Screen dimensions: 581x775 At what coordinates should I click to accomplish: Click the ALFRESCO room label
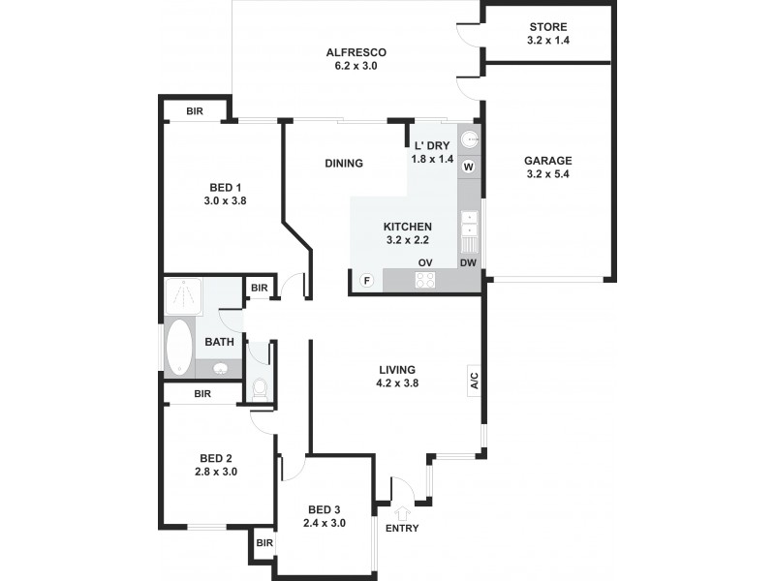pyautogui.click(x=356, y=52)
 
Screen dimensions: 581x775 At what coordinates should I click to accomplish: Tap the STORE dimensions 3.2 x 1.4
pyautogui.click(x=547, y=42)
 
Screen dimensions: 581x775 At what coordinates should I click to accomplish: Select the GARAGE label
pyautogui.click(x=547, y=161)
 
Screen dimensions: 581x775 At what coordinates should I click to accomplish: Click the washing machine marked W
pyautogui.click(x=469, y=168)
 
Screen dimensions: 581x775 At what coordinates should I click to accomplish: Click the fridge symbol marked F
pyautogui.click(x=367, y=281)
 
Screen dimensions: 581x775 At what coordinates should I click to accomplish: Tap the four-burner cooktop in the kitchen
pyautogui.click(x=424, y=280)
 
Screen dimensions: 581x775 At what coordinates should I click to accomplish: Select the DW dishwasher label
pyautogui.click(x=468, y=262)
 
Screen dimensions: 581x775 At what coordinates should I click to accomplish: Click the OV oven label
pyautogui.click(x=424, y=262)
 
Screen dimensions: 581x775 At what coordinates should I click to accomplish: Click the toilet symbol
pyautogui.click(x=260, y=389)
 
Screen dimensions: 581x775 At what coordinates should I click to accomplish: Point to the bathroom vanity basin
pyautogui.click(x=220, y=369)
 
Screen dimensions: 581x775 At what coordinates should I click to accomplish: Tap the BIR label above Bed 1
pyautogui.click(x=195, y=111)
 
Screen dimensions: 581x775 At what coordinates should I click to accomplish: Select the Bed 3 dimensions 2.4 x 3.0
pyautogui.click(x=325, y=523)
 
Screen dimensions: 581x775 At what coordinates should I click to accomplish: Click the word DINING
pyautogui.click(x=344, y=163)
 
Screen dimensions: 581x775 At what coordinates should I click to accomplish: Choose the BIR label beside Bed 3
pyautogui.click(x=264, y=543)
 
